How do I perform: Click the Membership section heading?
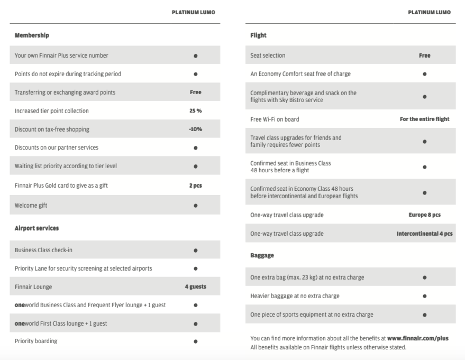click(32, 35)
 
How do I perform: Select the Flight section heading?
click(258, 35)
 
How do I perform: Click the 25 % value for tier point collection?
click(196, 110)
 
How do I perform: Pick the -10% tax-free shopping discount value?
click(196, 129)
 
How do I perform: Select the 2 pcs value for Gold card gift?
click(196, 186)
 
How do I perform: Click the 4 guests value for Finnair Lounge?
click(196, 287)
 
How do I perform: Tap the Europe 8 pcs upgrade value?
click(425, 215)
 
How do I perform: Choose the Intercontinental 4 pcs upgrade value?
click(425, 233)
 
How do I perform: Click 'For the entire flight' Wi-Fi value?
click(425, 119)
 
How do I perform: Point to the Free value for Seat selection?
click(425, 55)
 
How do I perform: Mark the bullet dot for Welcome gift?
click(196, 205)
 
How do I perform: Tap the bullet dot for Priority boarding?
click(196, 341)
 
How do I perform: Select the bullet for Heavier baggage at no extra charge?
click(425, 296)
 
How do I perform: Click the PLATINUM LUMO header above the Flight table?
click(429, 13)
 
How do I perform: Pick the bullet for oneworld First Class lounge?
click(196, 323)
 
